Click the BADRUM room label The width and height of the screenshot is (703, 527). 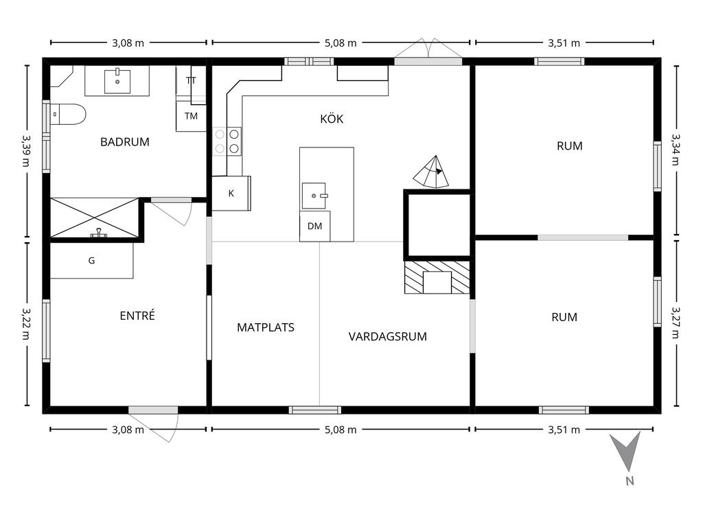[x=124, y=142]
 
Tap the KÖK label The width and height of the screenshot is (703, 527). [x=332, y=119]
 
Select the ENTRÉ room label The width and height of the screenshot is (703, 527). [x=137, y=316]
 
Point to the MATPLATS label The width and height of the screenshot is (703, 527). [x=266, y=327]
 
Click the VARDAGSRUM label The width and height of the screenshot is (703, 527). [x=388, y=336]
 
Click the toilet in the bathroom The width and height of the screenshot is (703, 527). [x=68, y=115]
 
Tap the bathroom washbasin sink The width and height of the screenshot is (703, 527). [x=117, y=80]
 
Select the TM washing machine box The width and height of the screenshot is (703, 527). [x=191, y=116]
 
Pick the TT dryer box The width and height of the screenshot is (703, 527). [x=191, y=81]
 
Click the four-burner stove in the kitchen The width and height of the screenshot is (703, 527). [x=227, y=140]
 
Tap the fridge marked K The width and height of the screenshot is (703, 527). [x=231, y=193]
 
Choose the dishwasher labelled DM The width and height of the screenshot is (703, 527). [x=314, y=226]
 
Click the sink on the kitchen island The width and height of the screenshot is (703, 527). [x=315, y=195]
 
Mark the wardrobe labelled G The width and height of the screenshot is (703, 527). [x=91, y=261]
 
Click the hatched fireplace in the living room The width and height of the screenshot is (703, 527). [x=437, y=278]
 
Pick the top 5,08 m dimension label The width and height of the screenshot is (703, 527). [x=341, y=43]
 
